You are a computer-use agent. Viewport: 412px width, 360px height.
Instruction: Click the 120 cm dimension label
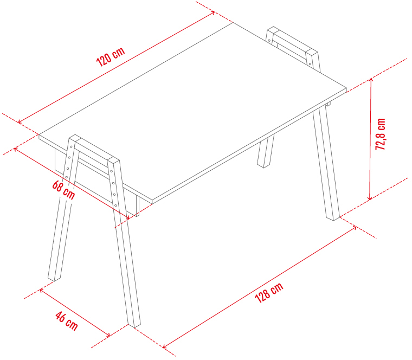pos(111,57)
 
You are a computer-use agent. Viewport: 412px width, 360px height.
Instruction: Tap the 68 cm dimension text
pos(63,190)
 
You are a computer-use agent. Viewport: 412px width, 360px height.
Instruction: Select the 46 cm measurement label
pos(67,321)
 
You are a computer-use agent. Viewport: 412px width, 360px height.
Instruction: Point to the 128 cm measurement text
pos(269,292)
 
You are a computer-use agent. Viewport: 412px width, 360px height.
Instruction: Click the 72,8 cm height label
pos(380,134)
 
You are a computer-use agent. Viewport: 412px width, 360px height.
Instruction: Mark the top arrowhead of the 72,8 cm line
pos(371,79)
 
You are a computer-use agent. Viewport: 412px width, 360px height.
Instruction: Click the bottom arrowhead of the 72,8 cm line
pos(370,198)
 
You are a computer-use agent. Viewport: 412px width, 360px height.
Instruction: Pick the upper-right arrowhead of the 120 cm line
pos(213,12)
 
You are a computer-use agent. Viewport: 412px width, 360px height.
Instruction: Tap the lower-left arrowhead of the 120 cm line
pos(20,121)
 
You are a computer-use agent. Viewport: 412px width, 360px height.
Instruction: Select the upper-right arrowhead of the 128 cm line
pos(355,228)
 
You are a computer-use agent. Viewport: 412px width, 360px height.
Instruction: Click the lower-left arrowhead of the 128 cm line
pos(165,346)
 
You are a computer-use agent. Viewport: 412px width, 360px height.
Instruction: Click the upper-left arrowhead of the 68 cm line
pos(16,149)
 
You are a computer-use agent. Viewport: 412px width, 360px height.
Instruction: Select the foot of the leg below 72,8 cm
pos(333,217)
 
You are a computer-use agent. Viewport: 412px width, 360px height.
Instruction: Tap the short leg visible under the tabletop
pos(266,151)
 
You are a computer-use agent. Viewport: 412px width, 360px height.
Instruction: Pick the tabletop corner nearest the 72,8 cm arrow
pos(346,89)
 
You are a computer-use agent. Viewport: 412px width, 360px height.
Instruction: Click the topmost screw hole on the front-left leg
pos(71,146)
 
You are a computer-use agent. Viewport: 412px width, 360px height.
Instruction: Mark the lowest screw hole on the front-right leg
pos(115,205)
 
